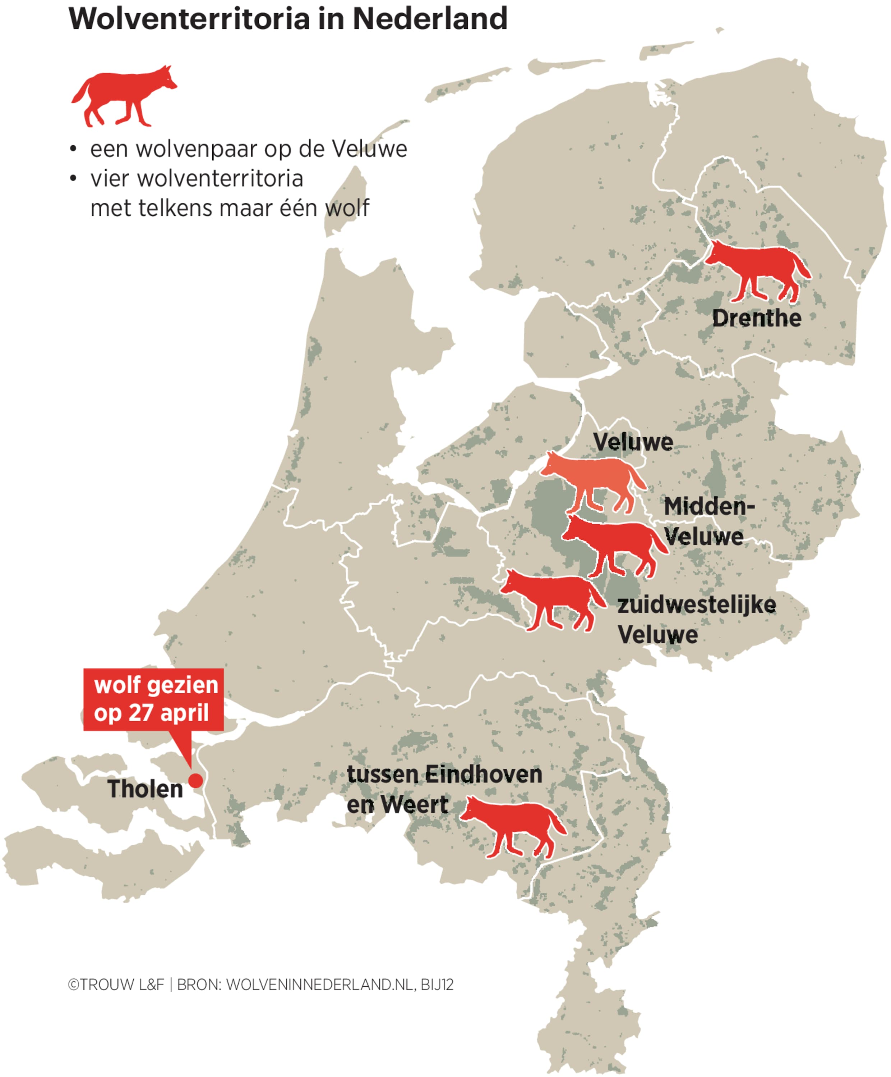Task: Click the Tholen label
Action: pos(145,789)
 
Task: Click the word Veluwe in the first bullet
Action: pos(369,149)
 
